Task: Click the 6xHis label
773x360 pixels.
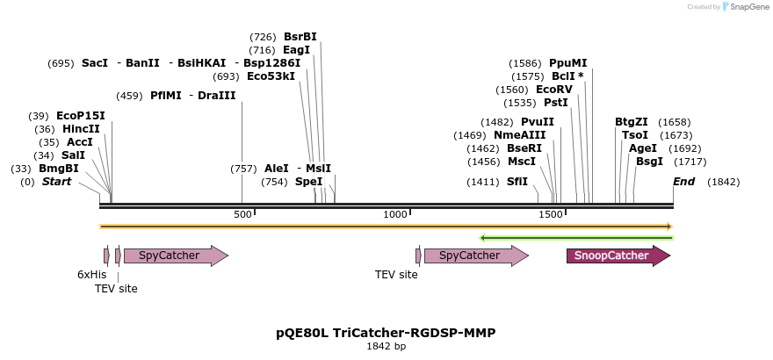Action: pyautogui.click(x=91, y=274)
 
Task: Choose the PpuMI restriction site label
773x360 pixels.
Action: pyautogui.click(x=567, y=63)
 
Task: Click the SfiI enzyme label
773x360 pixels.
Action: pyautogui.click(x=517, y=182)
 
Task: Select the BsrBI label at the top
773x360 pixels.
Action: pyautogui.click(x=300, y=37)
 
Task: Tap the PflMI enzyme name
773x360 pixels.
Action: pyautogui.click(x=166, y=96)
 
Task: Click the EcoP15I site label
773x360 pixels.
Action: pyautogui.click(x=80, y=116)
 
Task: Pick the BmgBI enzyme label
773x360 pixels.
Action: pyautogui.click(x=58, y=169)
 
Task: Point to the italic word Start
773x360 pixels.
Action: pyautogui.click(x=56, y=182)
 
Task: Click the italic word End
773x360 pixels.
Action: pyautogui.click(x=683, y=182)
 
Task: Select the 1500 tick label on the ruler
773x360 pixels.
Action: pyautogui.click(x=550, y=214)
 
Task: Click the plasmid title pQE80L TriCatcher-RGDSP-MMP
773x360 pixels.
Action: pyautogui.click(x=386, y=333)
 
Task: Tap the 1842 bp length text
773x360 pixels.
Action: pyautogui.click(x=386, y=347)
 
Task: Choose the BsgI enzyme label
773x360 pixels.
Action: pyautogui.click(x=650, y=162)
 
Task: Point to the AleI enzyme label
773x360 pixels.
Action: pyautogui.click(x=276, y=169)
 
